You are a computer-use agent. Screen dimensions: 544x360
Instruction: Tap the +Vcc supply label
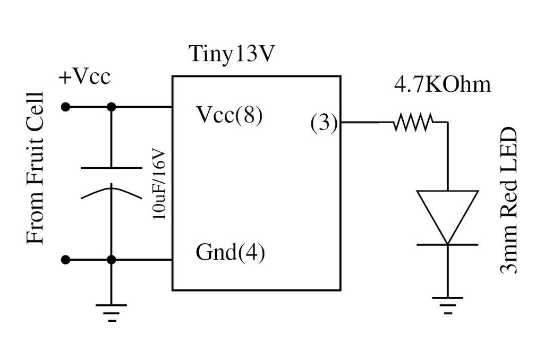(84, 76)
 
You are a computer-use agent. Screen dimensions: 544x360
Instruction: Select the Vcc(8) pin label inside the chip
(229, 115)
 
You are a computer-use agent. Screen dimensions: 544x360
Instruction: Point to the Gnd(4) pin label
(231, 252)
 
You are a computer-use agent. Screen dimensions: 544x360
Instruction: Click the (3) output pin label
(324, 123)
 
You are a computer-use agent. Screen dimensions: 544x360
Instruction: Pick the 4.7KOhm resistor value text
(443, 84)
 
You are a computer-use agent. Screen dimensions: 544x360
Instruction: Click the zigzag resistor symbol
(413, 122)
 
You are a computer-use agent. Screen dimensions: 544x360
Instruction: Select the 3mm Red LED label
(508, 201)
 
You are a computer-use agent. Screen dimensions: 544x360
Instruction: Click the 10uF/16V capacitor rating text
(159, 184)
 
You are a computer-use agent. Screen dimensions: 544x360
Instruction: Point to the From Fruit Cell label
(35, 168)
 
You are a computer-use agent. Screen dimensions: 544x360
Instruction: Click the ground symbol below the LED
(447, 305)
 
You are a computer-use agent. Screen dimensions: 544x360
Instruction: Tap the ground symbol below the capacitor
(112, 313)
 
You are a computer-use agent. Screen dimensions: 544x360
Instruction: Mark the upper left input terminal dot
(65, 107)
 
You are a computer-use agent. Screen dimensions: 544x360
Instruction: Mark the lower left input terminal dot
(65, 260)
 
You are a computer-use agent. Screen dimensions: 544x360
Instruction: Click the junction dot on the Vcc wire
(112, 107)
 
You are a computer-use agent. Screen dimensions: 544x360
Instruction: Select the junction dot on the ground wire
(112, 260)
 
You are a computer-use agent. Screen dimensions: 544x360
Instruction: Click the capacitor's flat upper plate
(112, 168)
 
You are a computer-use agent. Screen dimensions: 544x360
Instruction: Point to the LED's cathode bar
(447, 244)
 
